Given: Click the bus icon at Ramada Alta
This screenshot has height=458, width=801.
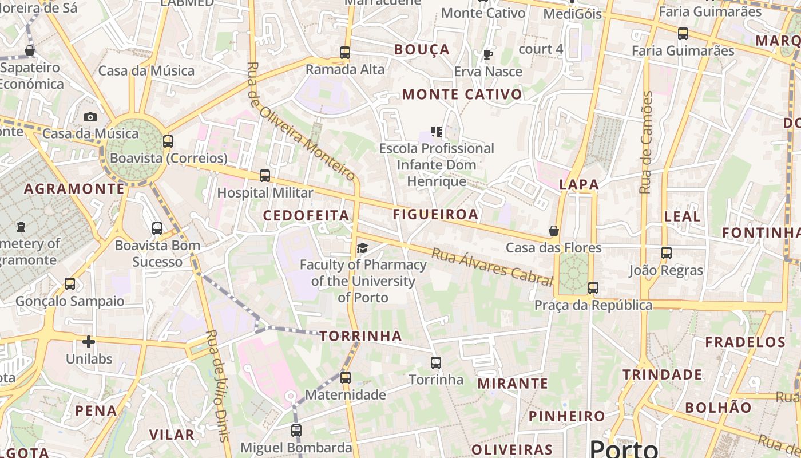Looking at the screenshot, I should tap(344, 53).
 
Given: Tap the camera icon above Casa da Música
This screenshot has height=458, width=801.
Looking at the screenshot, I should tap(90, 117).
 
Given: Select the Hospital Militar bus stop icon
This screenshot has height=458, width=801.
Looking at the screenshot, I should tap(264, 176).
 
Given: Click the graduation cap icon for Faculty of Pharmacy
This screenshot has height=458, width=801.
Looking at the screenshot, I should tap(362, 248).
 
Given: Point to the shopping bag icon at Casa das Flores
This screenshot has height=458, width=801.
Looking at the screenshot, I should tap(553, 231).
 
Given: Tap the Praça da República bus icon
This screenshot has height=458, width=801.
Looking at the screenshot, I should tap(593, 288).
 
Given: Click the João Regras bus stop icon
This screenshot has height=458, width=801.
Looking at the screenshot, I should tap(666, 253).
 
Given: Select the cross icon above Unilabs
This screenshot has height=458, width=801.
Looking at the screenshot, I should tap(88, 342).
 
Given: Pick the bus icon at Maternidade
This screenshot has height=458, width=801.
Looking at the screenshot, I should tap(345, 378).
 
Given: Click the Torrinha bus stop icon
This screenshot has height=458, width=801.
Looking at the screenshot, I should tap(436, 362).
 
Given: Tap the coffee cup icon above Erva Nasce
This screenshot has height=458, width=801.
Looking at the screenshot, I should tap(487, 55).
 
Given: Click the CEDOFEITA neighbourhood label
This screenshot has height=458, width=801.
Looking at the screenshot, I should tap(306, 215).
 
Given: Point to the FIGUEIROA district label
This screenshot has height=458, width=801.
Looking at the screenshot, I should tap(435, 214).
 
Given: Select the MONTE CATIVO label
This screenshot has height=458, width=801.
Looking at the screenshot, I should tap(462, 94).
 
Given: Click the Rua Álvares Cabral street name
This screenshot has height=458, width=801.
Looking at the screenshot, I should tap(491, 266).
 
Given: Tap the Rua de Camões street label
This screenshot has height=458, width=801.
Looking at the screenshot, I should tap(647, 143).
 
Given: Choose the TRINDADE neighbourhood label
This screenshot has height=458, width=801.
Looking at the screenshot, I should tap(663, 375).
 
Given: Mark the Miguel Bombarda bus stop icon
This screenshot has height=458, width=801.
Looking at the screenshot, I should tap(296, 431).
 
